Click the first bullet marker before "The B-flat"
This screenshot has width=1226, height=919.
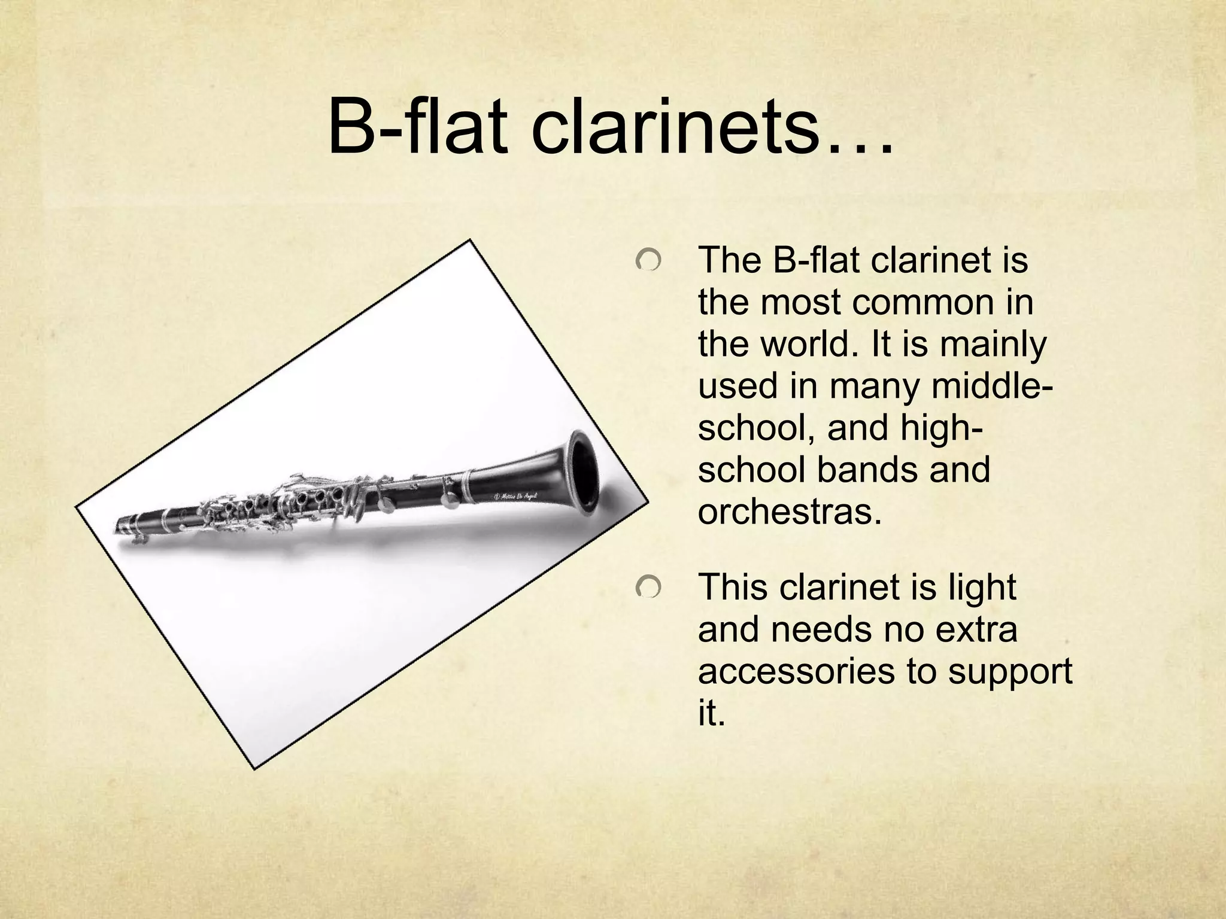[x=648, y=261]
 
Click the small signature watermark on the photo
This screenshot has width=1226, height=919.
[x=517, y=495]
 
